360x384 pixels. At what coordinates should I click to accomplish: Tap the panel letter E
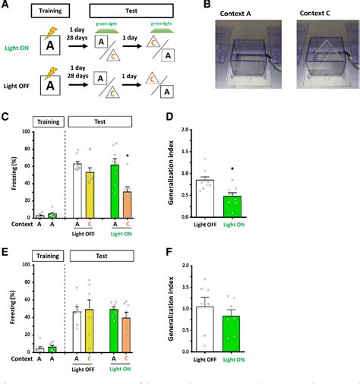click(x=5, y=249)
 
